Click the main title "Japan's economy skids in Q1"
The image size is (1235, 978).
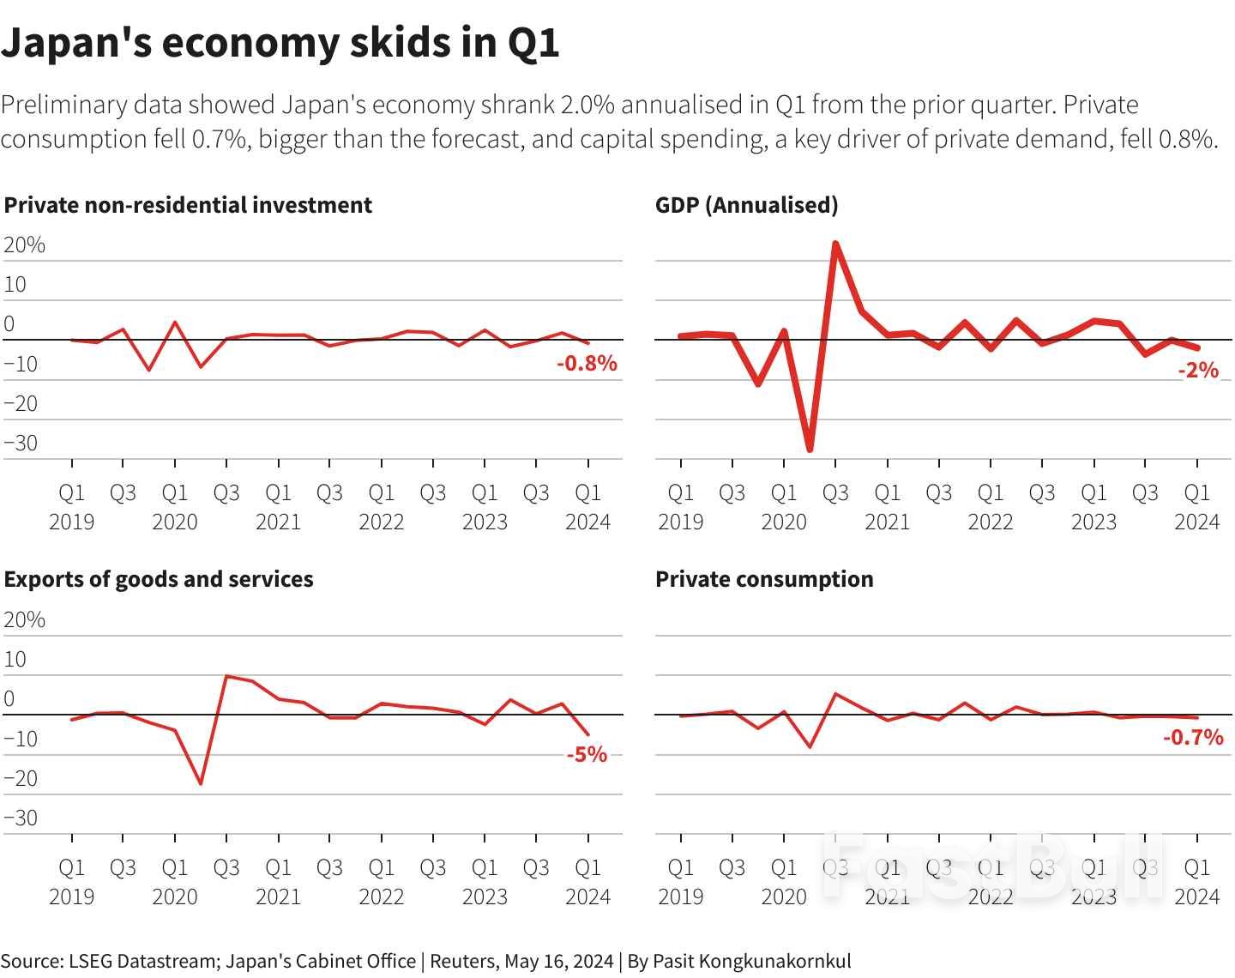[x=280, y=43]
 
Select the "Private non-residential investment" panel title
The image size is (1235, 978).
[x=188, y=205]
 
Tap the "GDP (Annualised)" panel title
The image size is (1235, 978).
[x=746, y=205]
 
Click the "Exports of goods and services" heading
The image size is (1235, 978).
[x=159, y=579]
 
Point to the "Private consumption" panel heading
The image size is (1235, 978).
[x=764, y=579]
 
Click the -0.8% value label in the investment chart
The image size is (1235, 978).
[x=587, y=364]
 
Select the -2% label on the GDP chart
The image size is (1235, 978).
[x=1197, y=370]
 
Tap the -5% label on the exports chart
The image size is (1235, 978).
[x=587, y=755]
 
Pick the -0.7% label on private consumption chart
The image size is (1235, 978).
[x=1193, y=737]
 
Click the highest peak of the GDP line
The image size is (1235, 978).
[x=835, y=244]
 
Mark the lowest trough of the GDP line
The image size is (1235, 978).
[x=810, y=450]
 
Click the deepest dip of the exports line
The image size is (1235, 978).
[x=201, y=783]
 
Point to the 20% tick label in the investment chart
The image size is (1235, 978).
[x=25, y=245]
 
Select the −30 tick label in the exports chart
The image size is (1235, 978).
[x=21, y=818]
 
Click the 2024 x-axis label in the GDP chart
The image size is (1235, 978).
[x=1196, y=522]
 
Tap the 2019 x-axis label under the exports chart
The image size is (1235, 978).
[x=71, y=896]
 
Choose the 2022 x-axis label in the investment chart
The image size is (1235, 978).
[x=381, y=522]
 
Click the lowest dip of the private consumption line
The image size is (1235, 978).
[x=810, y=746]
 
